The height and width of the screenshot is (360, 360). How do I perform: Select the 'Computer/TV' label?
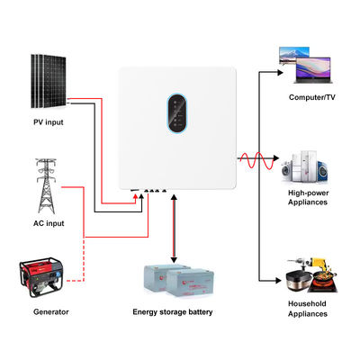[x=311, y=97]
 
